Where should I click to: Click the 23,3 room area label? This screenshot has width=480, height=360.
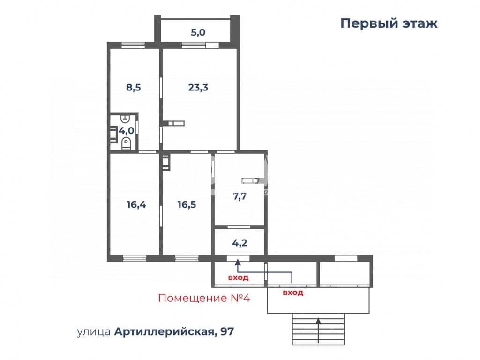pyautogui.click(x=198, y=88)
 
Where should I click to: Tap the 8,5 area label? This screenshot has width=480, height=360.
pyautogui.click(x=134, y=88)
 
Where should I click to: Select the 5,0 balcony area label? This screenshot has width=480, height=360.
pyautogui.click(x=198, y=32)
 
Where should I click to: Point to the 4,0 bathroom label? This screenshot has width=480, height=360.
pyautogui.click(x=126, y=131)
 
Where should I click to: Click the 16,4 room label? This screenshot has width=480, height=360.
pyautogui.click(x=136, y=204)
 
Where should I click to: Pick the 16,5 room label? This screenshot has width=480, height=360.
pyautogui.click(x=187, y=204)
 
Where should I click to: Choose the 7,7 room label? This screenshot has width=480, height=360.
pyautogui.click(x=240, y=196)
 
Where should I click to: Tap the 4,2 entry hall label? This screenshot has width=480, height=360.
pyautogui.click(x=240, y=243)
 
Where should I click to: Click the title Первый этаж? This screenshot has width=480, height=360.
pyautogui.click(x=389, y=23)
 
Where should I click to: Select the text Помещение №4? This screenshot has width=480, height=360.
pyautogui.click(x=204, y=298)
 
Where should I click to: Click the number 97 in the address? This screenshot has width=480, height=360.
pyautogui.click(x=227, y=331)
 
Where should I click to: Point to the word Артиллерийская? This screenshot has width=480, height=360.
pyautogui.click(x=164, y=331)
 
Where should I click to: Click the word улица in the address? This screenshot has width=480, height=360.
pyautogui.click(x=93, y=332)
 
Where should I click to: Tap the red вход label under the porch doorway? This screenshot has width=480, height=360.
pyautogui.click(x=293, y=292)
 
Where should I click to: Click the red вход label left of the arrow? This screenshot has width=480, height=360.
pyautogui.click(x=238, y=278)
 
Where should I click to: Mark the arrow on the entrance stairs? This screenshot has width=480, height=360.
pyautogui.click(x=318, y=330)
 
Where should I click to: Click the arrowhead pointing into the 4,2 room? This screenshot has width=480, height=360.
pyautogui.click(x=238, y=262)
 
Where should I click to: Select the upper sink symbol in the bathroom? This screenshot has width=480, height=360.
pyautogui.click(x=125, y=118)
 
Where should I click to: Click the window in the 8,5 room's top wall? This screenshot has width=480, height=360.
pyautogui.click(x=133, y=45)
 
